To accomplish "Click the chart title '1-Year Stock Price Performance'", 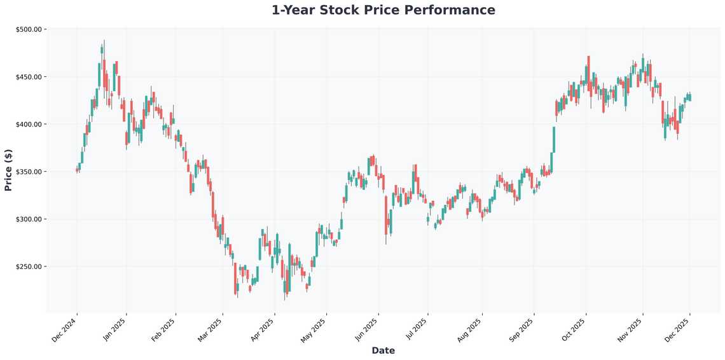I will pyautogui.click(x=383, y=10).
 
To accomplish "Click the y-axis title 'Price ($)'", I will pyautogui.click(x=8, y=170).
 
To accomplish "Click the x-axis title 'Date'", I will pyautogui.click(x=383, y=350).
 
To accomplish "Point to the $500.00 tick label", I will pyautogui.click(x=29, y=29).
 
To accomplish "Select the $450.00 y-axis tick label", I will pyautogui.click(x=29, y=77).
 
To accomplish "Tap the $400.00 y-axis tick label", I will pyautogui.click(x=29, y=124).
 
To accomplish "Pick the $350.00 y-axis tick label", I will pyautogui.click(x=29, y=172).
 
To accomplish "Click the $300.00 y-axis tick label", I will pyautogui.click(x=29, y=219).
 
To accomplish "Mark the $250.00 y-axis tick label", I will pyautogui.click(x=29, y=267).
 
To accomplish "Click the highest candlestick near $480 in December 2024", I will pyautogui.click(x=102, y=50).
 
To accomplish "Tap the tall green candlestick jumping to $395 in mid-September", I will pyautogui.click(x=553, y=139).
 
